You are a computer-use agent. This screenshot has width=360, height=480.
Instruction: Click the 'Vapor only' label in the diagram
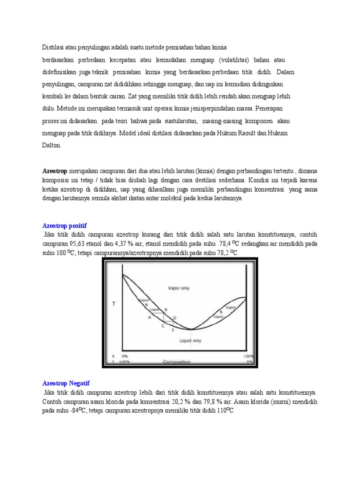(178, 288)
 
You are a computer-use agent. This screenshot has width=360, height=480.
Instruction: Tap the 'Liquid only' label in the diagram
(190, 341)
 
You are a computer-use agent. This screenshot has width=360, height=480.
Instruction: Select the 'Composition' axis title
(176, 362)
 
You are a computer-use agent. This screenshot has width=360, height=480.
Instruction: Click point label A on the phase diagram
(150, 317)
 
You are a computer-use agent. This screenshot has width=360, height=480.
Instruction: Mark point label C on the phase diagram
(163, 325)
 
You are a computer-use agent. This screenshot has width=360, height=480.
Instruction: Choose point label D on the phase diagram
(174, 318)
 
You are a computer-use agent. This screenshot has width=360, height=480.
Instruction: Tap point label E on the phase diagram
(172, 331)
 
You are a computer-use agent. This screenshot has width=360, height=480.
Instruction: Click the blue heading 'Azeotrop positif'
(64, 225)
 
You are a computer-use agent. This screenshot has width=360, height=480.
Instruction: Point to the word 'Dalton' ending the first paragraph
(52, 145)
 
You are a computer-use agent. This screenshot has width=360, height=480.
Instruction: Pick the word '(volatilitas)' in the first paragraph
(236, 60)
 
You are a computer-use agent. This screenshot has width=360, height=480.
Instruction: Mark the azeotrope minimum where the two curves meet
(190, 329)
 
